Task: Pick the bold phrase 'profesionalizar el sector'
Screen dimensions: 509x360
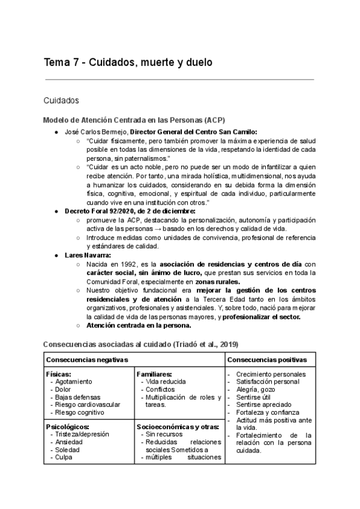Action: (262, 316)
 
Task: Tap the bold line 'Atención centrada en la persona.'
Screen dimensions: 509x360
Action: (139, 325)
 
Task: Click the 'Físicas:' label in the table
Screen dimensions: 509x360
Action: (59, 374)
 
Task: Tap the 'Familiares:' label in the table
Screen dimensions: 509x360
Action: (155, 374)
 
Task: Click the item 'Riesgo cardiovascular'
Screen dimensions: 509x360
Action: (88, 405)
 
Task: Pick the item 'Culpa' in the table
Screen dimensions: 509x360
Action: (63, 457)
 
